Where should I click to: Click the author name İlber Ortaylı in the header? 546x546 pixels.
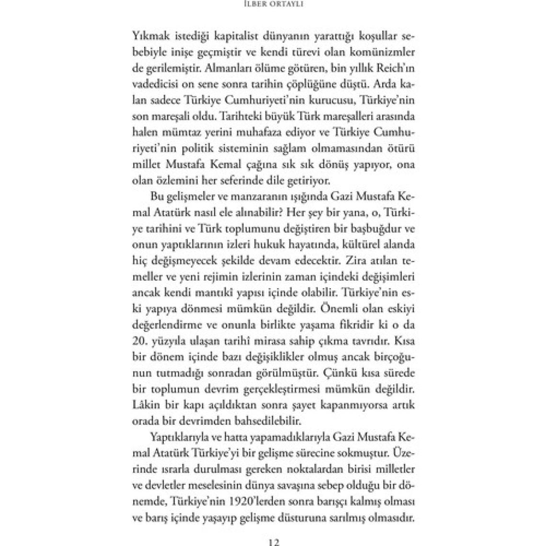coord(273,6)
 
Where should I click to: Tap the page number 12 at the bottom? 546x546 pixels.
coord(273,541)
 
